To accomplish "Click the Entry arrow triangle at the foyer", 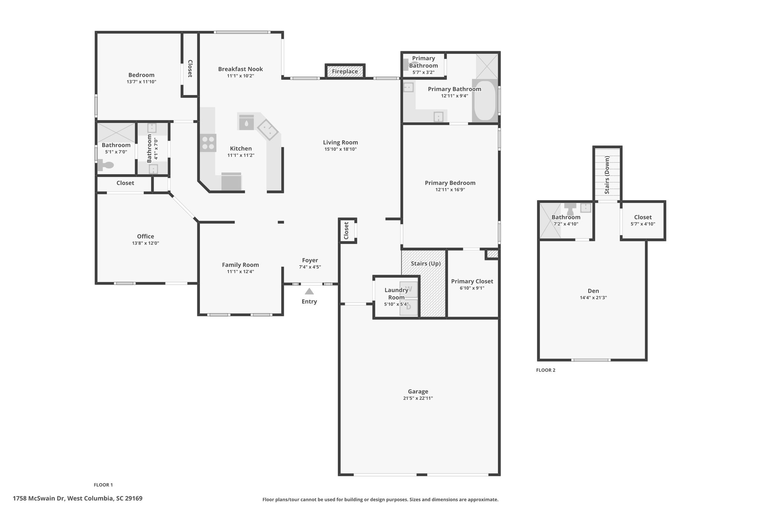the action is pos(309,291).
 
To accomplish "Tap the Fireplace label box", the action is pos(345,71).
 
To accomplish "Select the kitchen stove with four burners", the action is pos(208,143).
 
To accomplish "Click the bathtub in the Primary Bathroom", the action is pos(485,100).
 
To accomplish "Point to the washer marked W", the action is pos(409,289).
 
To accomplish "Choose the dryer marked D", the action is pos(409,307).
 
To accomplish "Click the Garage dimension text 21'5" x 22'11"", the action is pos(418,398).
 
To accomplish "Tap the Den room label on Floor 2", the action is pos(593,291).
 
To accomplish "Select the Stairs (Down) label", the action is pos(607,175).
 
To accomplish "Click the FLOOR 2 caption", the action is pos(545,370).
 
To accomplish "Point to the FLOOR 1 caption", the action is pos(103,485).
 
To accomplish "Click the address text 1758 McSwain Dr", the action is pos(39,498).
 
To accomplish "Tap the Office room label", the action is pos(145,236).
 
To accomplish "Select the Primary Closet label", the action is pos(472,281).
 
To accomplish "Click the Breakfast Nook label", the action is pos(240,69).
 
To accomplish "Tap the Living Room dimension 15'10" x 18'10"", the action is pos(340,149).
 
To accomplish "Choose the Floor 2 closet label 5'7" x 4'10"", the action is pos(643,224).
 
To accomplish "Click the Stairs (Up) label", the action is pos(425,264).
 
